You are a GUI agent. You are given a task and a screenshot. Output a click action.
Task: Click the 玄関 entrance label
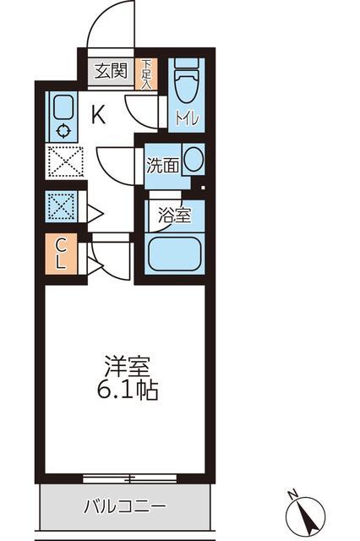pyautogui.click(x=111, y=71)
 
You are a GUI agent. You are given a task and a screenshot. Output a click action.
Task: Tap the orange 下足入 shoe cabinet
pyautogui.click(x=146, y=74)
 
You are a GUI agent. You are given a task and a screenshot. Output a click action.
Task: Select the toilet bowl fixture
pyautogui.click(x=187, y=82)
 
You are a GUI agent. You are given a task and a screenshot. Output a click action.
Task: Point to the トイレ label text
pyautogui.click(x=187, y=118)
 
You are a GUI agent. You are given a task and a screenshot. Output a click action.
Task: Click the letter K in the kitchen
pyautogui.click(x=98, y=115)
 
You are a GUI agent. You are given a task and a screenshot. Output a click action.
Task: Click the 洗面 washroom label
pyautogui.click(x=163, y=166)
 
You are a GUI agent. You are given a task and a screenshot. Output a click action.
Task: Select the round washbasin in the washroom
pyautogui.click(x=193, y=159)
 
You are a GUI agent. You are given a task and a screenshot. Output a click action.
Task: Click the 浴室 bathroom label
pyautogui.click(x=174, y=216)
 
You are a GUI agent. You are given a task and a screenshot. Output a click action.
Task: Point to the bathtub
pyautogui.click(x=175, y=254)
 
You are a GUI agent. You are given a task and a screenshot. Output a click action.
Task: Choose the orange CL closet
pyautogui.click(x=61, y=254)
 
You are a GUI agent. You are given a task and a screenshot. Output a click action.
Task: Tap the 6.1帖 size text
pyautogui.click(x=128, y=391)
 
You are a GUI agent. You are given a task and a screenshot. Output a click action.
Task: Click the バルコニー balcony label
pyautogui.click(x=125, y=506)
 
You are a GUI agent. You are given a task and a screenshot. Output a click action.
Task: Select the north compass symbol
pyautogui.click(x=306, y=516)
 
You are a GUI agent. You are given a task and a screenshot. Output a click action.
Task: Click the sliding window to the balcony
pyautogui.click(x=129, y=478)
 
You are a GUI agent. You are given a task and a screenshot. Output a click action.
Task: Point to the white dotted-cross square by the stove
pyautogui.click(x=66, y=161)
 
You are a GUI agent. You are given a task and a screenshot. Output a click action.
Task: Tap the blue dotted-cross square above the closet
pyautogui.click(x=62, y=206)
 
